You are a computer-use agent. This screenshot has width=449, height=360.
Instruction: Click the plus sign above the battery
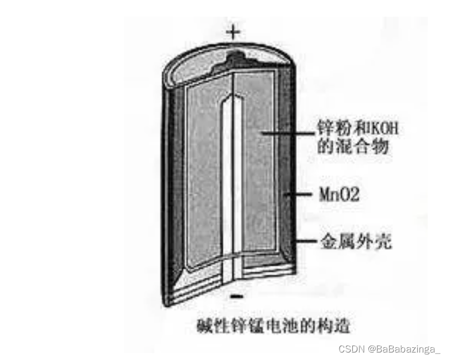click(233, 31)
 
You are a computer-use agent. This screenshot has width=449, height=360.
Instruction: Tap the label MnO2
click(340, 195)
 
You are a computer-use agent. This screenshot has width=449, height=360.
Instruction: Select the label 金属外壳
click(355, 241)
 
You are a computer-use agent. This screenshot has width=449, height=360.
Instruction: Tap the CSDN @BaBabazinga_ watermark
click(389, 349)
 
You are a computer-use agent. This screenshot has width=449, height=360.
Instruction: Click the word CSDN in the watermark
click(349, 349)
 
